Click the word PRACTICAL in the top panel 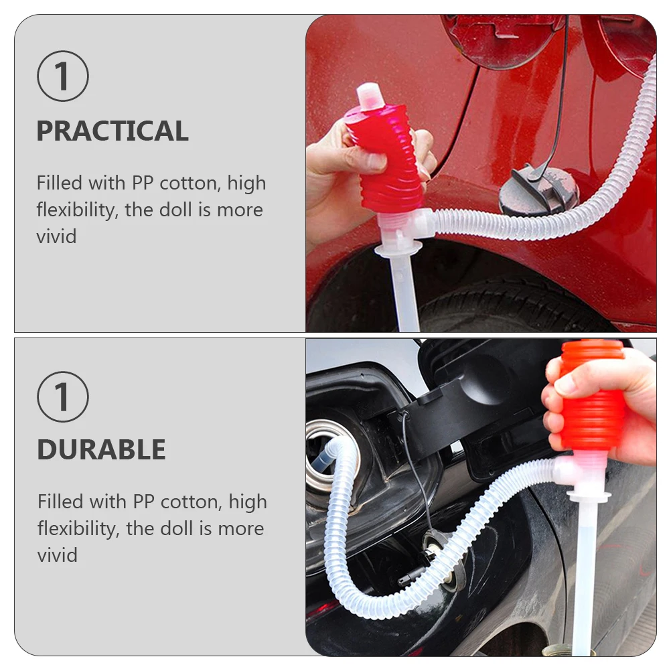coord(113,131)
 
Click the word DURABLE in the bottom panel coord(101,450)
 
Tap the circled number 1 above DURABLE coord(62,396)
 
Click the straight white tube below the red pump coord(404,295)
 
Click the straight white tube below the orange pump coord(584,576)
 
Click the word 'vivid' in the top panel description coord(56,236)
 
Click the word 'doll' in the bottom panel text coord(177,528)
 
